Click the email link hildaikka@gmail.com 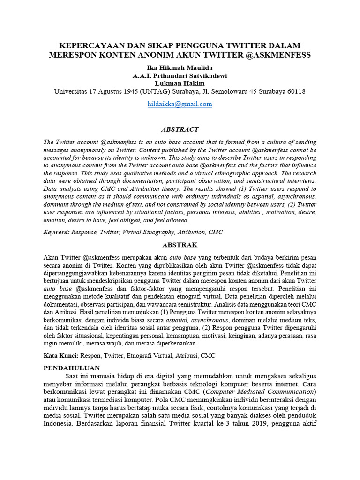pyautogui.click(x=180, y=104)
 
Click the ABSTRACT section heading pyautogui.click(x=180, y=129)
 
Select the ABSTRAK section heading pyautogui.click(x=180, y=245)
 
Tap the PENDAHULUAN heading pyautogui.click(x=75, y=368)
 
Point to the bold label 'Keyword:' pyautogui.click(x=56, y=232)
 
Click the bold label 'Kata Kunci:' pyautogui.click(x=61, y=356)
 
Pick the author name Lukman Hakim pyautogui.click(x=180, y=83)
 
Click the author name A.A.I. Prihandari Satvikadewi pyautogui.click(x=180, y=76)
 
